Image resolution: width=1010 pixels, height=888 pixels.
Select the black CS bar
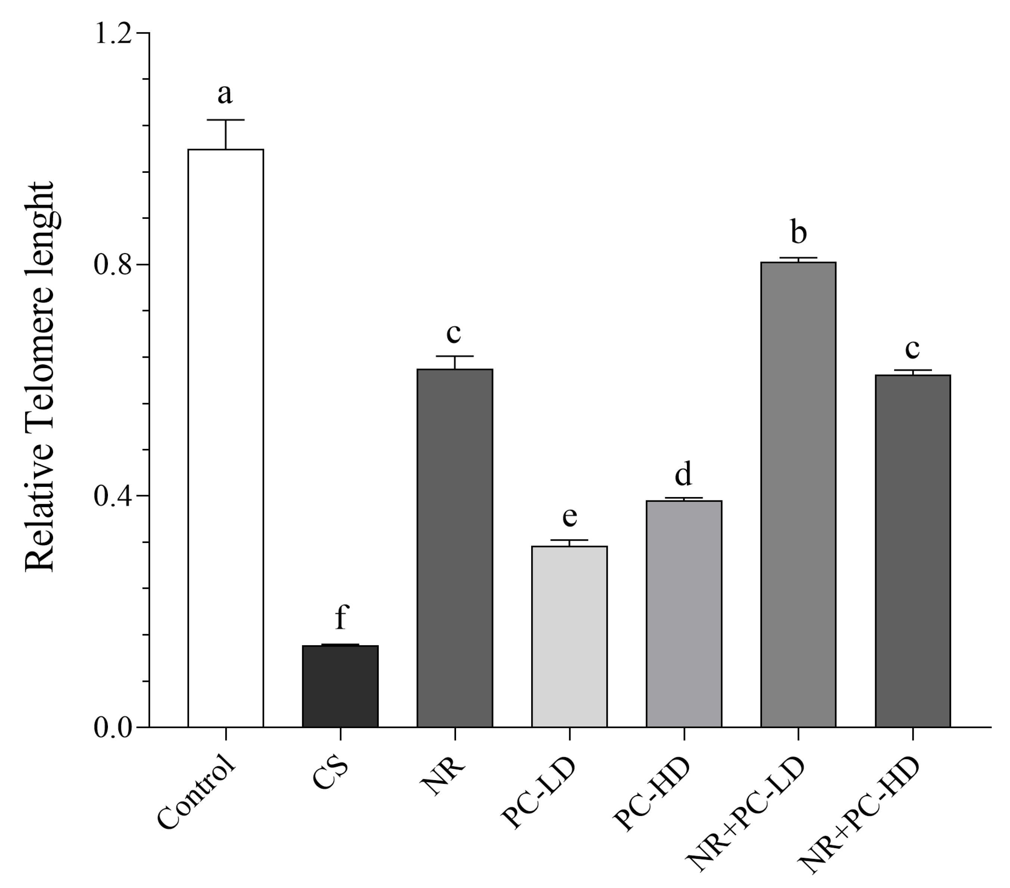340,686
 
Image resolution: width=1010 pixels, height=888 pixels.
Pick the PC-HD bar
684,614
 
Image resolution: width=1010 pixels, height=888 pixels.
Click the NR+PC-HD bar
913,551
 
